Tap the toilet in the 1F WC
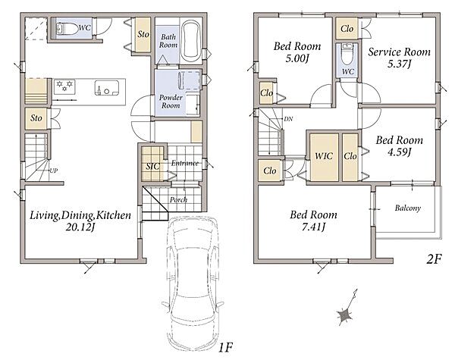click(x=67, y=29)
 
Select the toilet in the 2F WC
click(x=347, y=55)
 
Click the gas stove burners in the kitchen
click(x=64, y=86)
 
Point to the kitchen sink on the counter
click(x=106, y=88)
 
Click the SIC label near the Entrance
click(x=152, y=166)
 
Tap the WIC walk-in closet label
click(x=324, y=156)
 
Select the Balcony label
click(x=407, y=208)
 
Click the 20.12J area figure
click(x=80, y=227)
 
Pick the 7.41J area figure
click(x=313, y=227)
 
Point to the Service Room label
click(x=400, y=52)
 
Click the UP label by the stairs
click(x=54, y=171)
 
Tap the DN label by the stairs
click(x=288, y=119)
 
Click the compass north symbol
click(x=347, y=308)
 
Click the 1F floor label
click(x=225, y=347)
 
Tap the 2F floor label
click(x=434, y=259)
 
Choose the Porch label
click(x=178, y=200)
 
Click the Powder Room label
click(x=171, y=102)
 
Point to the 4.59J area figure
click(x=400, y=152)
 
